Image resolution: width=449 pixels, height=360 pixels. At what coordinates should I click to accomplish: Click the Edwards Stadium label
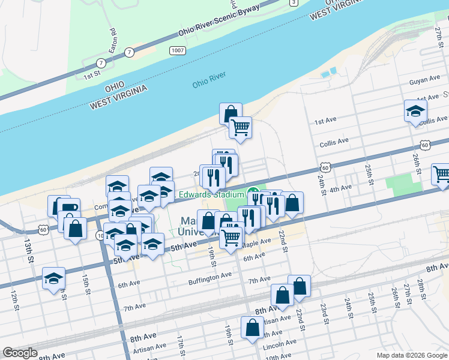[x=209, y=194]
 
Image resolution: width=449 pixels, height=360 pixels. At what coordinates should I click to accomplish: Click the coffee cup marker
[x=70, y=208]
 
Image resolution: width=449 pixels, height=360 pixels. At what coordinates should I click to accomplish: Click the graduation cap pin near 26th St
[x=415, y=111]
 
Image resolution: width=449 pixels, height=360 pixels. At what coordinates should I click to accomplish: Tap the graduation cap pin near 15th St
[x=54, y=278]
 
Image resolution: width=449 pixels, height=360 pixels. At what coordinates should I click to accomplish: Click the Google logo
[x=20, y=353]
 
